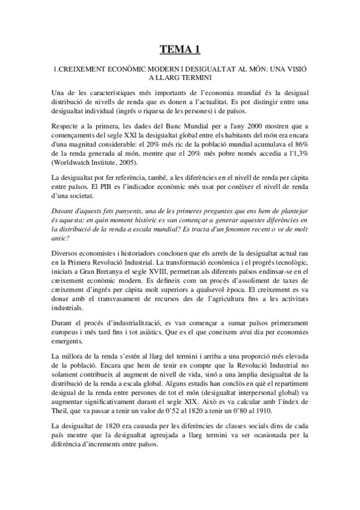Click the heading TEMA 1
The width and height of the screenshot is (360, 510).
pos(180,49)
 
